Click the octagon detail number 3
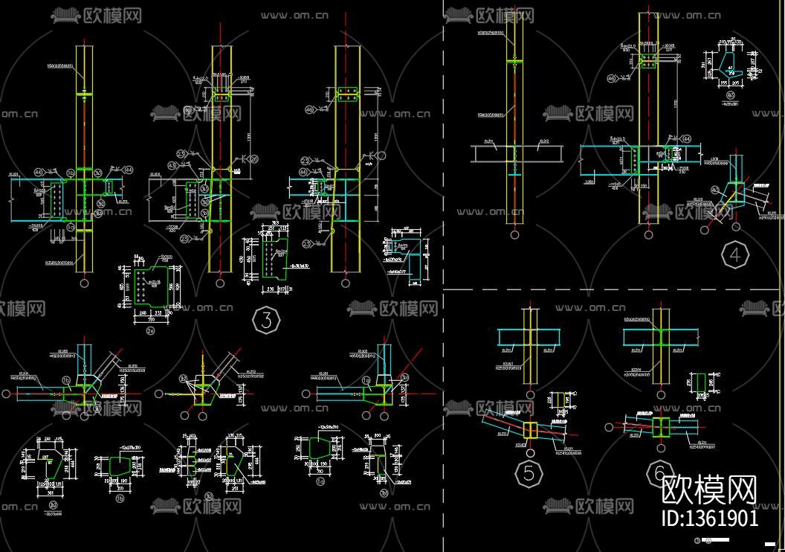click(266, 321)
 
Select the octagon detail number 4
click(734, 256)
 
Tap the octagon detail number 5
click(529, 473)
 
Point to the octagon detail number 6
click(659, 472)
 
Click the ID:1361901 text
click(710, 519)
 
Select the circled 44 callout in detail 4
click(686, 138)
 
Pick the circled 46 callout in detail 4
click(612, 78)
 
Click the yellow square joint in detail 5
click(530, 430)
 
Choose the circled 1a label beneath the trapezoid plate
click(320, 481)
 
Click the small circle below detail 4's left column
click(514, 234)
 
